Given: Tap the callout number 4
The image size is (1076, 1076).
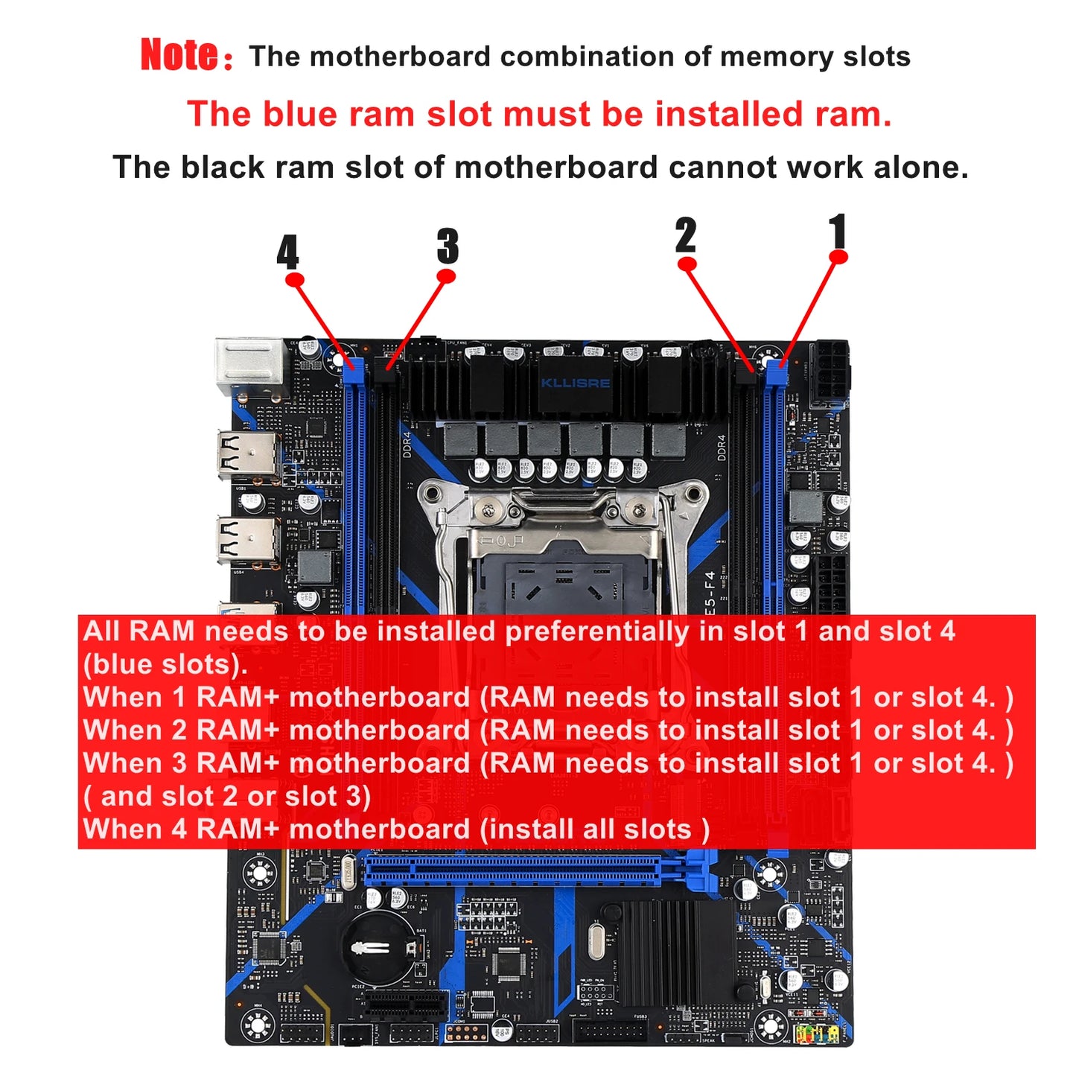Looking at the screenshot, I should tap(287, 252).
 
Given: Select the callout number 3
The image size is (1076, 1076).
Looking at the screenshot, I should tap(448, 246).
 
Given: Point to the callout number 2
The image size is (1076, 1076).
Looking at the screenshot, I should tap(686, 235).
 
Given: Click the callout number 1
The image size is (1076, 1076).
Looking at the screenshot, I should tap(838, 231).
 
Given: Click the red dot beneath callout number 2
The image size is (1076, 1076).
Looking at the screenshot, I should tap(687, 264).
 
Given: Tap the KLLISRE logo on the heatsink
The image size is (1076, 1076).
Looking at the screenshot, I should tap(575, 383).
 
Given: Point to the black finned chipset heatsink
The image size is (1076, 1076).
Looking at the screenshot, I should tap(660, 953).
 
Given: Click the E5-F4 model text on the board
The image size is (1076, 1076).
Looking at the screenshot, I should tap(709, 593).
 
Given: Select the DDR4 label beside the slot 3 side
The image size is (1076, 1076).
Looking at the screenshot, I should tap(407, 444).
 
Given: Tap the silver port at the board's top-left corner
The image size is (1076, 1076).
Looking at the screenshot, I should tap(250, 366).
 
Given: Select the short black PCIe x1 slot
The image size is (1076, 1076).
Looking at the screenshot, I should tap(407, 1005).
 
